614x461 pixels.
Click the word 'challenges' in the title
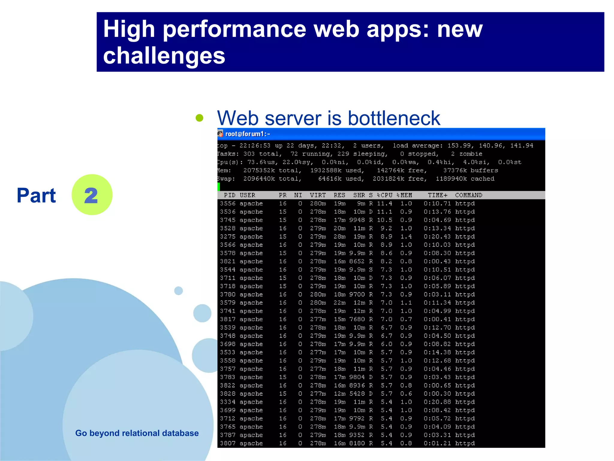click(164, 56)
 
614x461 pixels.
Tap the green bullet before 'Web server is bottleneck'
click(199, 118)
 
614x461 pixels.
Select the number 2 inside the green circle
click(91, 196)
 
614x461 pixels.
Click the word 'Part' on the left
click(36, 196)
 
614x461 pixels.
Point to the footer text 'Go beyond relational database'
click(137, 433)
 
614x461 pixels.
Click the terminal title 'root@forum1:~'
click(248, 134)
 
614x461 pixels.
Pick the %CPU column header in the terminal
click(385, 195)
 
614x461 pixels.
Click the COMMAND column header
click(469, 195)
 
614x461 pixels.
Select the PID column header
click(230, 195)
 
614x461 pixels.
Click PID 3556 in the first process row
click(228, 203)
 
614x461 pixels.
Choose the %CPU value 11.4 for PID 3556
click(385, 203)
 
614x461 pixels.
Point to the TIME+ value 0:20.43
click(437, 237)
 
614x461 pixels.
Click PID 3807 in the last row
click(228, 443)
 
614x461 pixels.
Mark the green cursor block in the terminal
click(219, 187)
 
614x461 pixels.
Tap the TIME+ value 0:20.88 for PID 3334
click(437, 402)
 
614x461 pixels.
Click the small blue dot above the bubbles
click(178, 291)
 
